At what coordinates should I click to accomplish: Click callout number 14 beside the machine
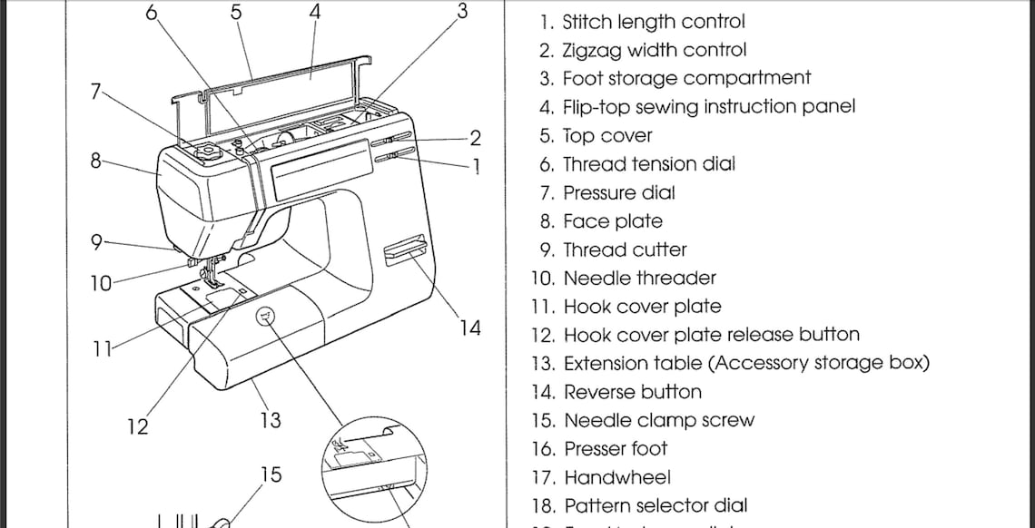[469, 328]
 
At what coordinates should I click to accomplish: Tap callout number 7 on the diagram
[96, 90]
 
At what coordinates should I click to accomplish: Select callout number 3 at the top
[462, 12]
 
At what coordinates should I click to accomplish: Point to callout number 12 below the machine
[137, 426]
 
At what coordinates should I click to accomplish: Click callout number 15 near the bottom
[271, 474]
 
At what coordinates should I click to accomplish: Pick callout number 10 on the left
[100, 283]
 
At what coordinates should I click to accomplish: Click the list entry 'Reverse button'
[632, 392]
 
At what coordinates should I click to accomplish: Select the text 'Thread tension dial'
[648, 164]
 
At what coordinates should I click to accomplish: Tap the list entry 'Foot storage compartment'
[686, 79]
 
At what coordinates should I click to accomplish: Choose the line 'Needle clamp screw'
[658, 421]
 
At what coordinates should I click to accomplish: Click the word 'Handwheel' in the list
[616, 477]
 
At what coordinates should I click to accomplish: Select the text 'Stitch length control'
[653, 22]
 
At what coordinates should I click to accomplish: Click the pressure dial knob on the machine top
[206, 151]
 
